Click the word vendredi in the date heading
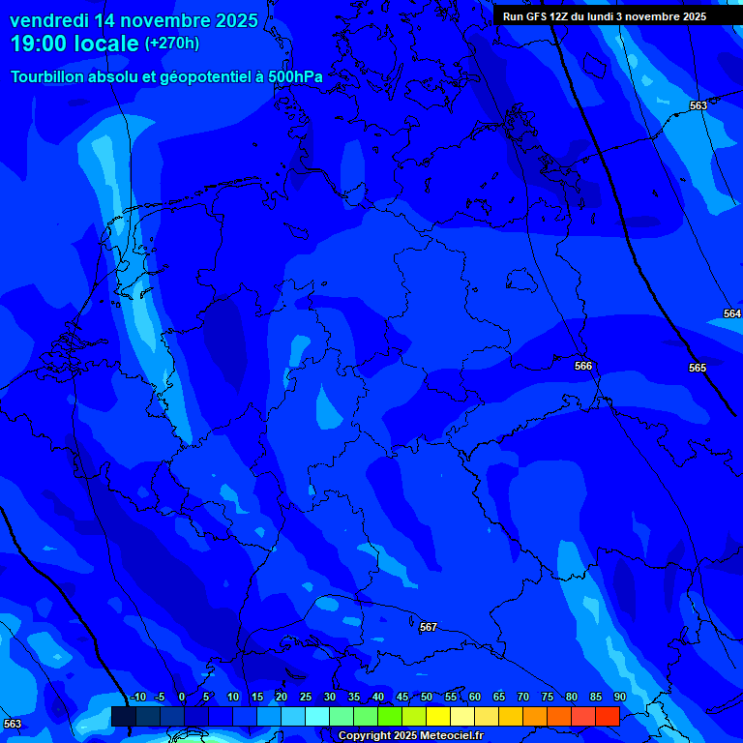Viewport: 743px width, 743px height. tap(50, 20)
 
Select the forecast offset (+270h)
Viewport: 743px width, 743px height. tap(172, 44)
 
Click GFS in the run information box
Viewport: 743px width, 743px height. tap(536, 16)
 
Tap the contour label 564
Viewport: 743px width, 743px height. tap(732, 313)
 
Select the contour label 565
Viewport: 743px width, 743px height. tap(698, 368)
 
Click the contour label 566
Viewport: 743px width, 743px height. tap(583, 366)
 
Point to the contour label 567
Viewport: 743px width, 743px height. tap(429, 627)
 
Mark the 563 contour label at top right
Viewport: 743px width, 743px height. tap(698, 105)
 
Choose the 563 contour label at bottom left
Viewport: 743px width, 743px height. tap(13, 724)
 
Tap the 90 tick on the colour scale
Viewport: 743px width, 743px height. tap(619, 698)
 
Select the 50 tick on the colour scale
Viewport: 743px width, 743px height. tap(426, 698)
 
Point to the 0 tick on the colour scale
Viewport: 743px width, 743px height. tap(182, 698)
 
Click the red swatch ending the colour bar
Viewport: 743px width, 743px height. tap(607, 716)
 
